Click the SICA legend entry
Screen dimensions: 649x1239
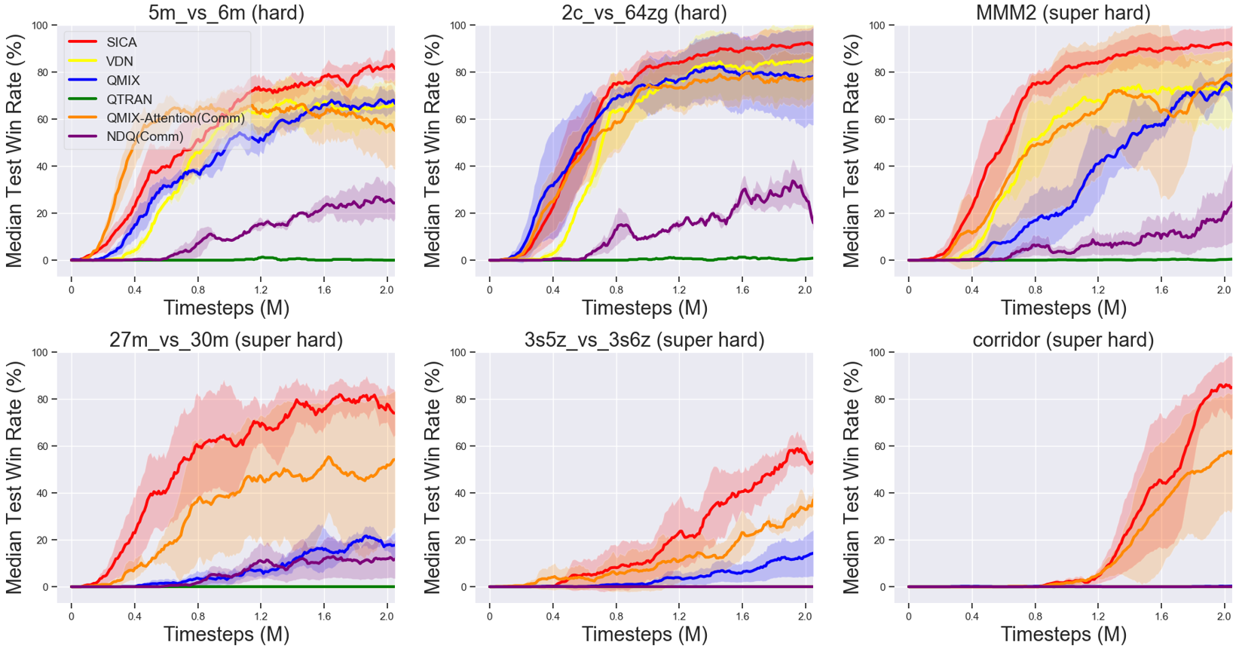pos(121,43)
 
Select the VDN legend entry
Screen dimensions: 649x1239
pos(120,62)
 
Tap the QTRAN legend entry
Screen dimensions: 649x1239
pos(129,99)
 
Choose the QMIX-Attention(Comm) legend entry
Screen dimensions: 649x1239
pos(175,118)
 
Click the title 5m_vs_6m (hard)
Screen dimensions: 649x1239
pos(226,13)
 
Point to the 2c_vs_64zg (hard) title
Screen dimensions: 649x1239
pos(644,13)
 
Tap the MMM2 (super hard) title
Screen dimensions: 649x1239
pos(1063,13)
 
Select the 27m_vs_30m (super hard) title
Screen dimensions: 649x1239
pos(226,340)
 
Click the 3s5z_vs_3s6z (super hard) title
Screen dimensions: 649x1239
pos(644,340)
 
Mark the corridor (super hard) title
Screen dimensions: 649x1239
pos(1063,340)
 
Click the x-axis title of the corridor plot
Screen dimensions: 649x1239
pos(1063,635)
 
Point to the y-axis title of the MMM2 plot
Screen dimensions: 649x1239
pos(851,151)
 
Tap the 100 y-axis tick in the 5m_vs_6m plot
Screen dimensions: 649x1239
pos(40,26)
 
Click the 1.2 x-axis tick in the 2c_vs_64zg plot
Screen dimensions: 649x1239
pos(679,289)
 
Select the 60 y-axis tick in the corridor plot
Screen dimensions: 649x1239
pos(880,446)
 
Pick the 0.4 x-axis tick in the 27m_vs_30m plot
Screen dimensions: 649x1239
pos(135,617)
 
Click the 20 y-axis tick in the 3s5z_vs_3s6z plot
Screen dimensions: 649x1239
pos(460,540)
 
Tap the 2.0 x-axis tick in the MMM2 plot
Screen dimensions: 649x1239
pos(1225,289)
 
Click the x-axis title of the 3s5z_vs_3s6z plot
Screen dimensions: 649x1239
pos(644,635)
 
